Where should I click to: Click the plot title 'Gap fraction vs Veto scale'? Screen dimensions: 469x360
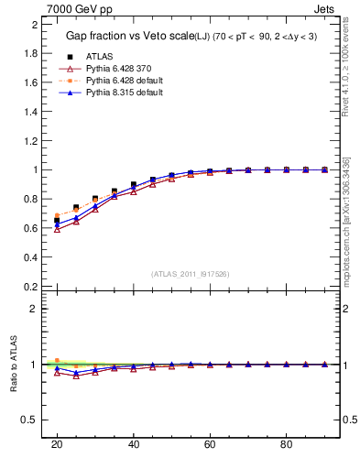pos(126,36)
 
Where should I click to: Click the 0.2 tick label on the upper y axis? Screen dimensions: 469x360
pos(30,286)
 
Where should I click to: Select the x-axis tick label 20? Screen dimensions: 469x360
pos(57,444)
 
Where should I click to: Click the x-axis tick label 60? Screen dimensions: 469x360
pos(210,444)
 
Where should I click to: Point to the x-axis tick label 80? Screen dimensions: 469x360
pos(287,444)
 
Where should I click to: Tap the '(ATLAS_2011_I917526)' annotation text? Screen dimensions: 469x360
pos(190,274)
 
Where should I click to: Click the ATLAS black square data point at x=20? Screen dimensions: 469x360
pos(57,221)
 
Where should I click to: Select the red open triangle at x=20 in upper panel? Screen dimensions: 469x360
pos(57,229)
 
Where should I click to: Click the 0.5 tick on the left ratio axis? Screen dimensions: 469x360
pos(30,420)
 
